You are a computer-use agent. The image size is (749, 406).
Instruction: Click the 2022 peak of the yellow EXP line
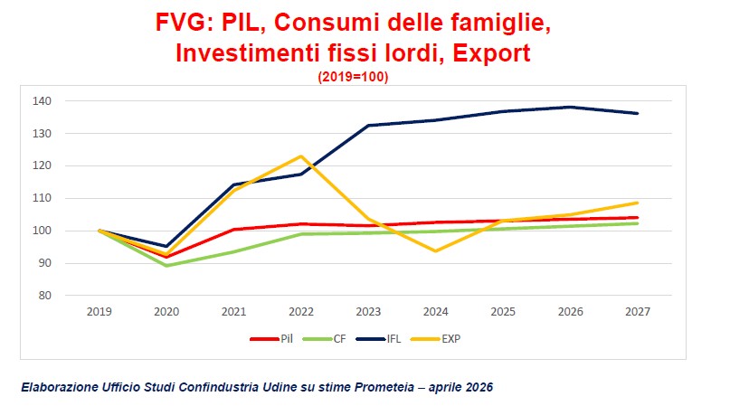tap(301, 156)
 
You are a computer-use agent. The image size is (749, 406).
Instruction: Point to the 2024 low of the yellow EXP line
tap(436, 250)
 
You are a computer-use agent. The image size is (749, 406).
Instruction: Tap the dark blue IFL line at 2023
tap(368, 126)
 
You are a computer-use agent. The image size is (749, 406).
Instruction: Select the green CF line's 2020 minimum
tap(166, 265)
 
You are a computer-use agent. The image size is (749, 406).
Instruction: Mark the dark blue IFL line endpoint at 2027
tap(637, 113)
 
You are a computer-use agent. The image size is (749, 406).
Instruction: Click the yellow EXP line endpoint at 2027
tap(637, 203)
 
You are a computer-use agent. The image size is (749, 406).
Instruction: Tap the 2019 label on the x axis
tap(99, 311)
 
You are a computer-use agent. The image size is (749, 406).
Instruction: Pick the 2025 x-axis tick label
tap(503, 311)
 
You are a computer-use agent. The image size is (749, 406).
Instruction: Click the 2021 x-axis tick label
tap(233, 311)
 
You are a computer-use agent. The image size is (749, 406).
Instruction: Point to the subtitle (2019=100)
tap(353, 77)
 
